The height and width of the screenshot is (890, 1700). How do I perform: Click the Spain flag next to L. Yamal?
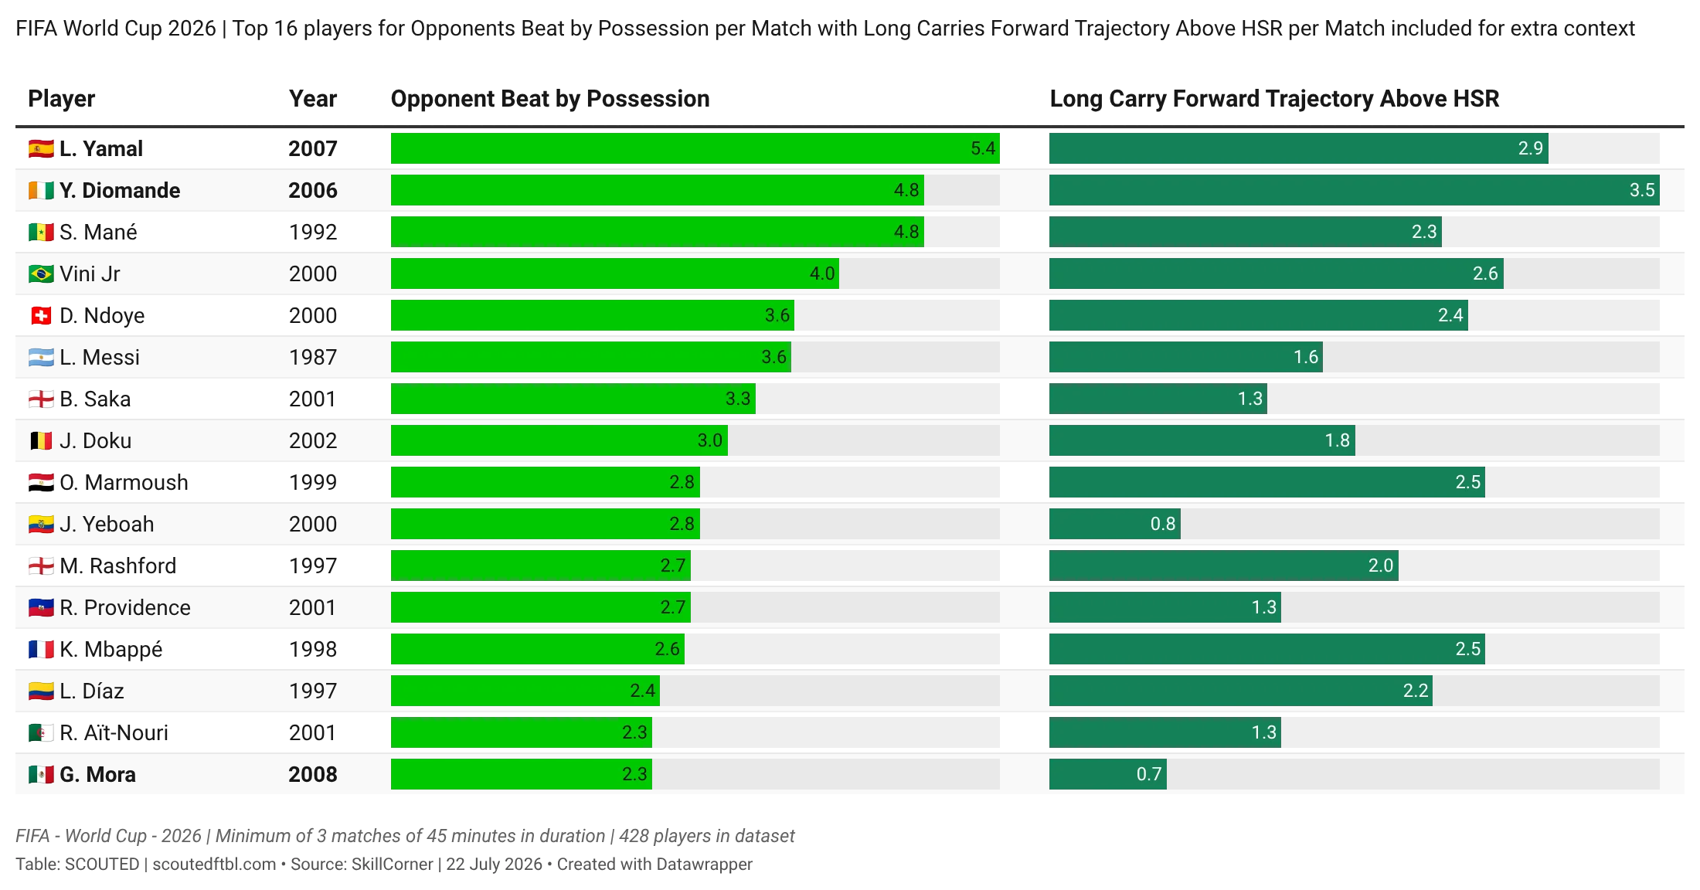[41, 148]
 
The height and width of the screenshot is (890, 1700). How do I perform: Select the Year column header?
[313, 99]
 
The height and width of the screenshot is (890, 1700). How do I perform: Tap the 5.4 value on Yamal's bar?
[983, 148]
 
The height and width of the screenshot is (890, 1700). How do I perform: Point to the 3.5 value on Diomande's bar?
[1642, 190]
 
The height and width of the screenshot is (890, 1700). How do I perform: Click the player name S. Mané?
[98, 232]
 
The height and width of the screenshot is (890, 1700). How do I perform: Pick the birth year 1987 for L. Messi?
[313, 357]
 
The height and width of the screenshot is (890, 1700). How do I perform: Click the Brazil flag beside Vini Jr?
[41, 273]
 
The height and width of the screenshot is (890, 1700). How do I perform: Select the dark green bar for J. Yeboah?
[1114, 524]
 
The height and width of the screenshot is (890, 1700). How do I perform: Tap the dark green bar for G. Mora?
[1108, 774]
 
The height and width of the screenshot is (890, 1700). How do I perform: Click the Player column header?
[62, 99]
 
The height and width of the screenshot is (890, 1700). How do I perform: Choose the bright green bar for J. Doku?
[559, 440]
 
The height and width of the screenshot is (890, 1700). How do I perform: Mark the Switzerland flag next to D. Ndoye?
[41, 315]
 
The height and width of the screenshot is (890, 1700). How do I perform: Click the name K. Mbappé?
[111, 649]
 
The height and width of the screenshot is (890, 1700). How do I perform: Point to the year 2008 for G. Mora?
[313, 774]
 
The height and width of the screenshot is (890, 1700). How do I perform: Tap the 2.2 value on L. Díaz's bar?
[1416, 691]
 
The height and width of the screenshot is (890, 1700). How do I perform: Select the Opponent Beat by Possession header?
[550, 99]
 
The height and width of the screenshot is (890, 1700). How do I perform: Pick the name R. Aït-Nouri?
[114, 732]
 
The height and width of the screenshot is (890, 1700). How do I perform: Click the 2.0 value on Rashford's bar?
[1381, 566]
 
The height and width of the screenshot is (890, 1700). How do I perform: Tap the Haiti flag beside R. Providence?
[41, 607]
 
